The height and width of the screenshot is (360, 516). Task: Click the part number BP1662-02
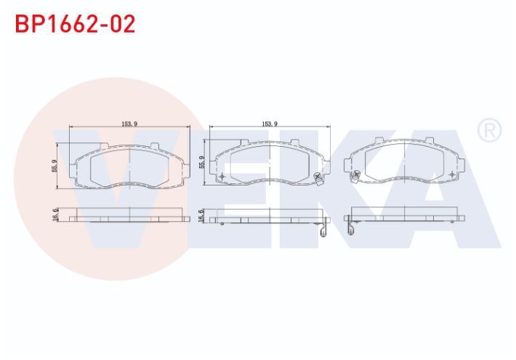[x=76, y=24]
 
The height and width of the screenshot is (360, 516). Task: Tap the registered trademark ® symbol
[x=489, y=130]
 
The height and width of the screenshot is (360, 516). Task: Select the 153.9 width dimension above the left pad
[x=129, y=124]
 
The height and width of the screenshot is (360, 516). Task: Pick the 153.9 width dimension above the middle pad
[x=270, y=124]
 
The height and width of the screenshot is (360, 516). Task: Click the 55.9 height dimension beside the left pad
[x=55, y=166]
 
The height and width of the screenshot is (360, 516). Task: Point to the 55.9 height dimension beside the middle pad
[x=202, y=162]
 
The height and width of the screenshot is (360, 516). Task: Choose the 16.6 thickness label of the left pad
[x=55, y=215]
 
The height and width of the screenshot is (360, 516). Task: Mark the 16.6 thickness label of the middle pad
[x=202, y=215]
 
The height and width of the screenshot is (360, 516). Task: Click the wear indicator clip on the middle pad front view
[x=318, y=179]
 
